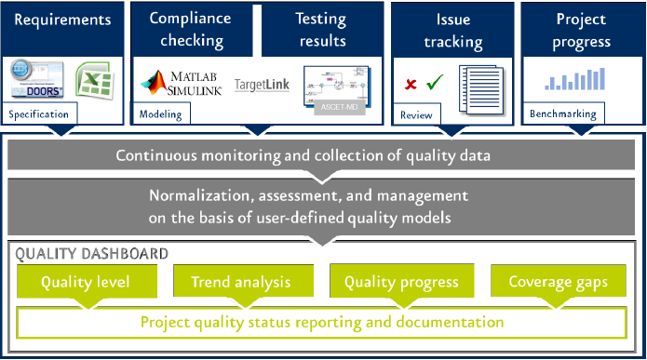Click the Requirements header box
(x=63, y=19)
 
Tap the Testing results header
(x=320, y=29)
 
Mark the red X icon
(x=411, y=85)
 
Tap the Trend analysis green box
(x=241, y=282)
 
